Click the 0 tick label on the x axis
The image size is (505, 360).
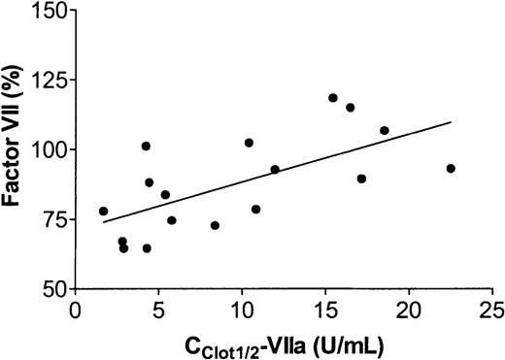76,310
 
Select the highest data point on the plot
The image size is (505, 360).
333,98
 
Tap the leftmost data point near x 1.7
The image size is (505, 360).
104,211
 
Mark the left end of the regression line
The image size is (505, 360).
103,222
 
